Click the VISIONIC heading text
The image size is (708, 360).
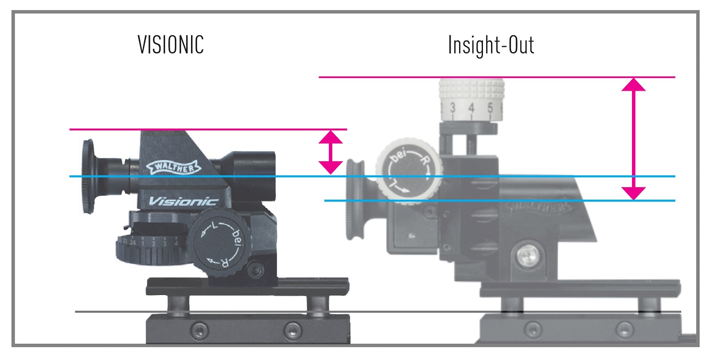[x=170, y=45]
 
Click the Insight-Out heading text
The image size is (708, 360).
[x=491, y=45]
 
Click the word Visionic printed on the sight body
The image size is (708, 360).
[x=183, y=201]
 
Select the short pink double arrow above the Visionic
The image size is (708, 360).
[x=330, y=152]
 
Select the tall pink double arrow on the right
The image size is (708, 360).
[x=633, y=139]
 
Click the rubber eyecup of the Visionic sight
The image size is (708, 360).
[x=89, y=176]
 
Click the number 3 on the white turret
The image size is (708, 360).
[x=452, y=109]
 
